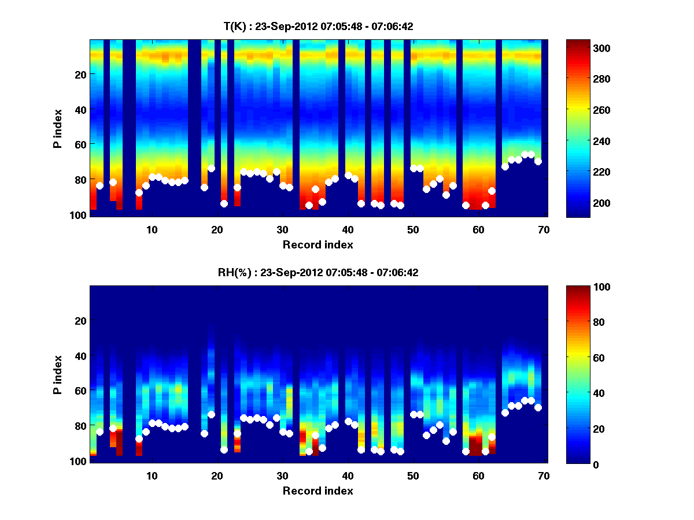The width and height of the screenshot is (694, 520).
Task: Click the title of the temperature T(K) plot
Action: coord(318,26)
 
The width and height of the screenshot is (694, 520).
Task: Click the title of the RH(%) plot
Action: coord(318,272)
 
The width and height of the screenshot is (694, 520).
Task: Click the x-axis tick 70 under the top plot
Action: coord(544,230)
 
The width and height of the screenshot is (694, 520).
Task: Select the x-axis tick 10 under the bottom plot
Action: coord(152,476)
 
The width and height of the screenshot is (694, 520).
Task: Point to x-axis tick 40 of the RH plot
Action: coord(348,476)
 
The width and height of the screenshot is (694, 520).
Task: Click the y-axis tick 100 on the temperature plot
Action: coord(79,215)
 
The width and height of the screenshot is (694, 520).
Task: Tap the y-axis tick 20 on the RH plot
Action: coord(80,320)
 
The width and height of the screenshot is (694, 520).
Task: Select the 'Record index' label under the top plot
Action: coord(318,244)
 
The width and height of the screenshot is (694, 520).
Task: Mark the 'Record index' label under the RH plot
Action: coord(318,491)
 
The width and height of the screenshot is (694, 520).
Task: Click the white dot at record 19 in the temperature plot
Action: coord(211,168)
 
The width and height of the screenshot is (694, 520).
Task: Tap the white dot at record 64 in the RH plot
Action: coord(505,413)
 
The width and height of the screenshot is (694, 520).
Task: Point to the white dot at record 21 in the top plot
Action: coord(224,203)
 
